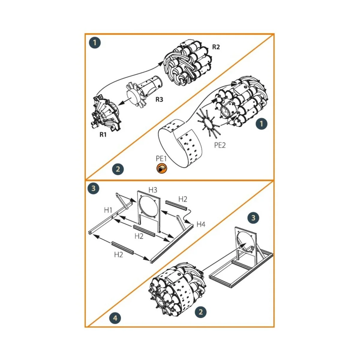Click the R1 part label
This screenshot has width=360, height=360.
[x=103, y=135]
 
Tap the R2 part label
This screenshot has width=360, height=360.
[x=216, y=47]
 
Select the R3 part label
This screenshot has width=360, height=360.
[x=159, y=100]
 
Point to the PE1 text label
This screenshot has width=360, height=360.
[x=161, y=158]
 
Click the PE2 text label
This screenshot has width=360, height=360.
[x=220, y=145]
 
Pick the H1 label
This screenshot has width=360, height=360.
[x=108, y=210]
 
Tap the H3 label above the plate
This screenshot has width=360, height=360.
[x=153, y=190]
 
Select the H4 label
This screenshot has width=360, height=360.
[x=201, y=224]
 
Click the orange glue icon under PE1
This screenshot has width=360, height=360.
[x=161, y=169]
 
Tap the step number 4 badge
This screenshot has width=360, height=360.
[x=116, y=318]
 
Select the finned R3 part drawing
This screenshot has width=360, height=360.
[x=144, y=90]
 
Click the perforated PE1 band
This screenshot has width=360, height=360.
[x=180, y=144]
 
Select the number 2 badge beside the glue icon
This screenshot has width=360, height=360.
[x=118, y=169]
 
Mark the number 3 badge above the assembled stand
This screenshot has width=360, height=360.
[x=253, y=218]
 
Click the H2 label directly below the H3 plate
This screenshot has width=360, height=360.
[x=139, y=236]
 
